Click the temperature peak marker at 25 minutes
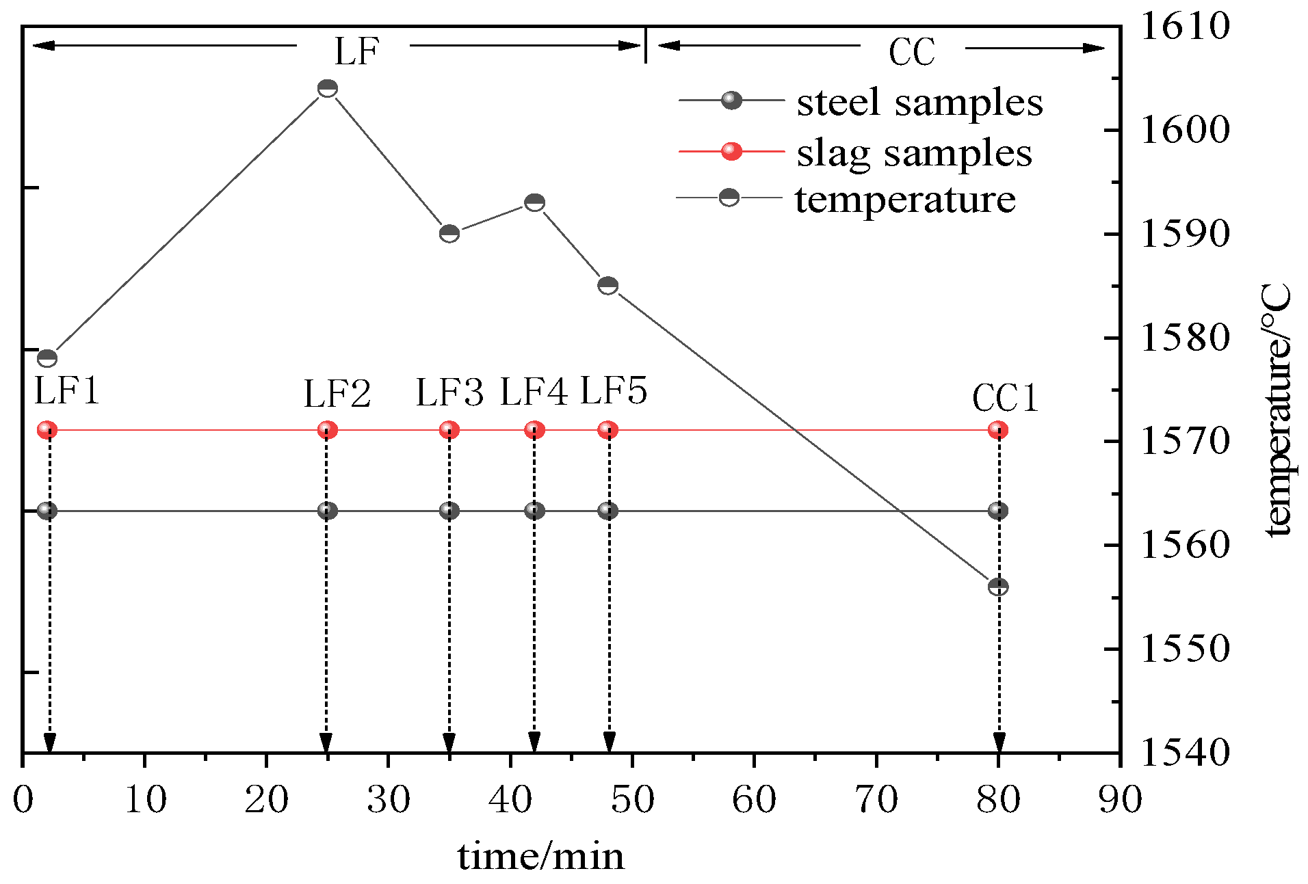point(328,89)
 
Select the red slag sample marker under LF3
point(449,430)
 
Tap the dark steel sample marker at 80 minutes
point(998,511)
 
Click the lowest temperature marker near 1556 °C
point(998,587)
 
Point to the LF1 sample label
point(67,391)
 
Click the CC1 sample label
point(1004,398)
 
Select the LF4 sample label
point(534,392)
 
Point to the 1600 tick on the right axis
point(1185,130)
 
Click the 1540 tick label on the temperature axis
point(1185,752)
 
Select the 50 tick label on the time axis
point(632,799)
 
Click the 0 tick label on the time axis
point(23,799)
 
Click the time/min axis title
point(540,857)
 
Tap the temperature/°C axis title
point(1277,410)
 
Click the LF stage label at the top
point(356,51)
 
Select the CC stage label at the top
point(911,53)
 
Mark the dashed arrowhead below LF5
point(609,742)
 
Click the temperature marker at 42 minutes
point(534,202)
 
